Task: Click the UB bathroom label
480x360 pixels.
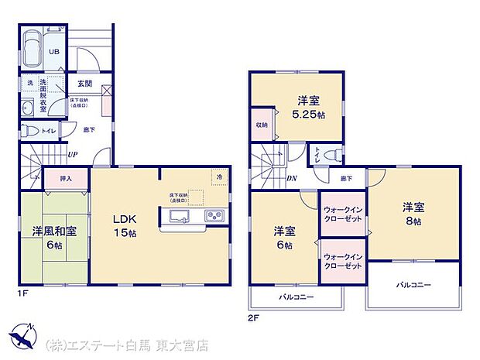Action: point(54,52)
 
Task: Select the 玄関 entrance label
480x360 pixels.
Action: point(84,83)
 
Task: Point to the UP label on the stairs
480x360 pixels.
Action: point(72,155)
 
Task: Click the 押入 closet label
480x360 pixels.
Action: point(66,179)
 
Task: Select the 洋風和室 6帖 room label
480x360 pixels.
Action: point(53,237)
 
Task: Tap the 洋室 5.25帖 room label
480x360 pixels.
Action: point(309,107)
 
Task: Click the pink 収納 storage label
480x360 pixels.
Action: point(262,125)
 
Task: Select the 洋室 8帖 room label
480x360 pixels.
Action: point(411,214)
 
